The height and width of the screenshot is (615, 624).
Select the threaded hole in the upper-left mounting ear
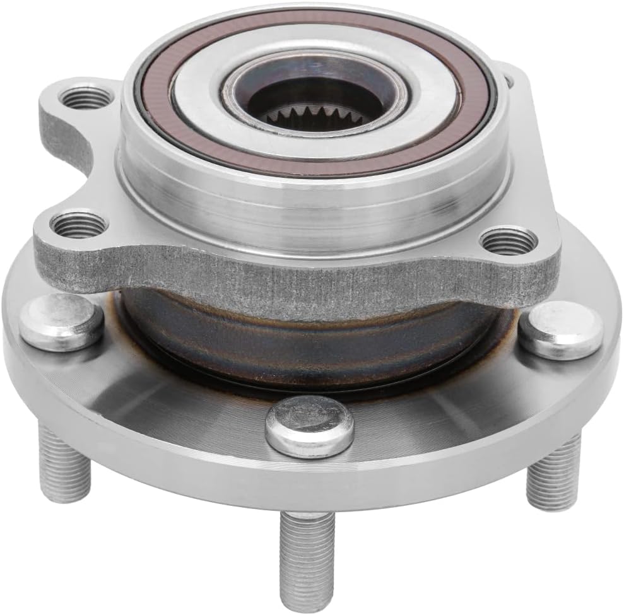coord(87,98)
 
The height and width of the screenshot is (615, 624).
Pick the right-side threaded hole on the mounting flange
coord(509,241)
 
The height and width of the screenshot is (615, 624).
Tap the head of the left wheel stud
coord(61,322)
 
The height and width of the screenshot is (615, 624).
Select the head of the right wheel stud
coord(560,329)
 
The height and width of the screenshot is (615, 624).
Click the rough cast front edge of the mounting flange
coord(284,278)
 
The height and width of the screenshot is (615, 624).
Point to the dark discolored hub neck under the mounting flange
coord(303,341)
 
